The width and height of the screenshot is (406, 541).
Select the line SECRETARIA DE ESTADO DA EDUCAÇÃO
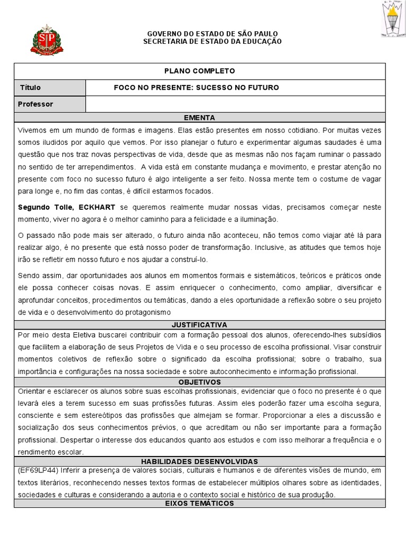click(213, 41)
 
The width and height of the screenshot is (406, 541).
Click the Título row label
click(30, 88)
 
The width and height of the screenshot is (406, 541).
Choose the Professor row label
click(35, 104)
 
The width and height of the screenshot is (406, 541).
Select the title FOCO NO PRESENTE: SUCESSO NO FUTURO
click(196, 88)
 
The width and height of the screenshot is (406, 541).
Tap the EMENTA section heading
click(199, 118)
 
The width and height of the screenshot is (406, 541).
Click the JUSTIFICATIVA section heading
click(199, 324)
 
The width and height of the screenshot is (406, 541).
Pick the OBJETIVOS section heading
click(199, 382)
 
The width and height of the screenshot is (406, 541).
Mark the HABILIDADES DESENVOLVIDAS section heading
click(199, 461)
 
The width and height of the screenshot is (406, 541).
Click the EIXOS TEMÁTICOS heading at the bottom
click(199, 503)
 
